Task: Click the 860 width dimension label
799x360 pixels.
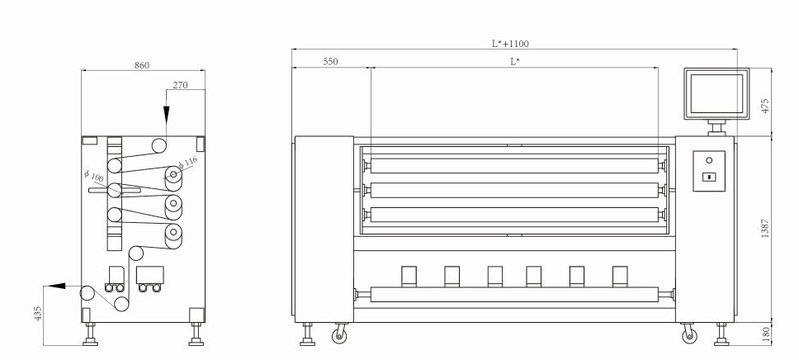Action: click(142, 65)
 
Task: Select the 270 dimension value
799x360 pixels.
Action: click(180, 85)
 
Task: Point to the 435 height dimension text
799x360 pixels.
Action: click(38, 313)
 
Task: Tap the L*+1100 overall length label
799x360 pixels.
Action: click(510, 44)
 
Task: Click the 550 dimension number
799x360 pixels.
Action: click(330, 62)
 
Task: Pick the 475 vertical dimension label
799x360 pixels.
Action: click(765, 106)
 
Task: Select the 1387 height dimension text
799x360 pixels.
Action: click(765, 228)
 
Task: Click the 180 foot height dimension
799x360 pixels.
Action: click(765, 334)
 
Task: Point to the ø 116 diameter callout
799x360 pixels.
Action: click(187, 163)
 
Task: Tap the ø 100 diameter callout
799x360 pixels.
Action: click(94, 177)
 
